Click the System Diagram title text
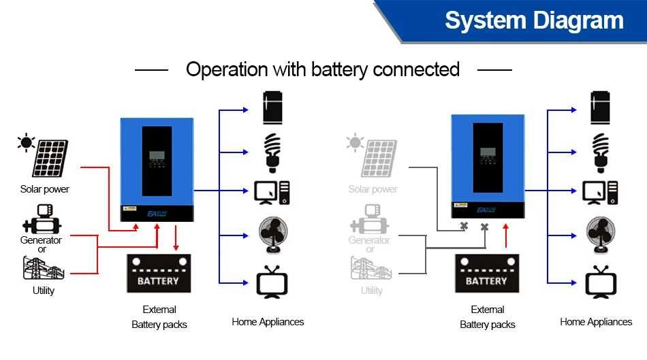[x=534, y=20]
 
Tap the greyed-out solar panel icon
[x=378, y=158]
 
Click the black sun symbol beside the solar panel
[x=27, y=142]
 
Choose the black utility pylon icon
[x=43, y=268]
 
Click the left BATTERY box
[x=158, y=274]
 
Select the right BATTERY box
[x=486, y=274]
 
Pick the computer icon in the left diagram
[x=272, y=193]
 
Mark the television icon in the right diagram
[x=600, y=281]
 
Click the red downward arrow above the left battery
[x=176, y=239]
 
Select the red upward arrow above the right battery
[x=505, y=236]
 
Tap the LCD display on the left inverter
[x=157, y=155]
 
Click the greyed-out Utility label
[x=371, y=291]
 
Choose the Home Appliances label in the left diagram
[x=268, y=322]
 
